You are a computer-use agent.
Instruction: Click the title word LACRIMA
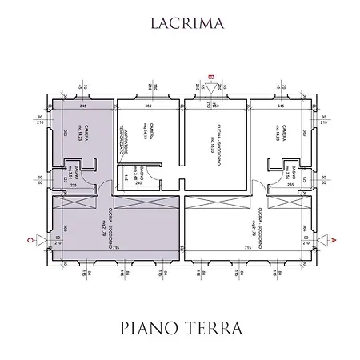tap(179, 25)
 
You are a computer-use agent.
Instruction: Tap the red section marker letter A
tap(334, 238)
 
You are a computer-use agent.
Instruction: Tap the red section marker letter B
tap(211, 78)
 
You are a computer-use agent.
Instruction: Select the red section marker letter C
tap(30, 238)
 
